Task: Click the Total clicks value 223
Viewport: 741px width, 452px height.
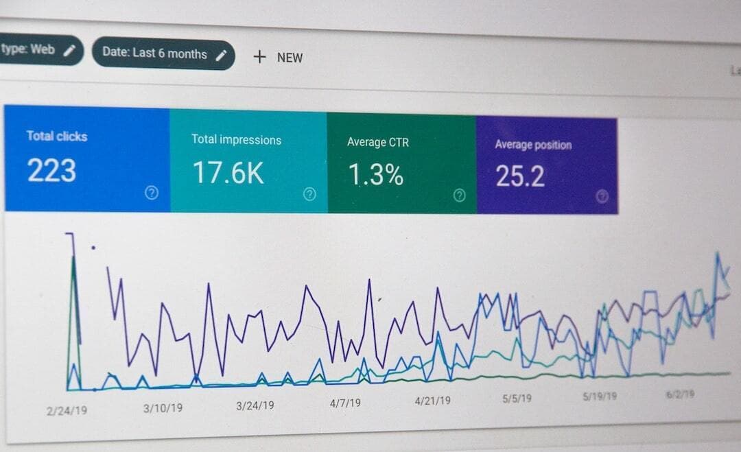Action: click(x=51, y=171)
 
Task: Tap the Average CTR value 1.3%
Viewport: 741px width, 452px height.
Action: click(x=375, y=176)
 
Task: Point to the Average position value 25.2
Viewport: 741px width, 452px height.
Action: click(x=520, y=176)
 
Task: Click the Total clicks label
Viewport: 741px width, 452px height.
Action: click(x=57, y=136)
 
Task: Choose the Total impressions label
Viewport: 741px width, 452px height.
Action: click(x=236, y=140)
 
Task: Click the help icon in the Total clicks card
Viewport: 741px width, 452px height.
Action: click(x=152, y=193)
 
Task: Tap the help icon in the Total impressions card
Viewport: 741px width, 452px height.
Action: click(x=309, y=194)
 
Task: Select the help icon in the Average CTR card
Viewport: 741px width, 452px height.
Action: click(x=460, y=195)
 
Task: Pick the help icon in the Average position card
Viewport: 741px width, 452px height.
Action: click(x=602, y=197)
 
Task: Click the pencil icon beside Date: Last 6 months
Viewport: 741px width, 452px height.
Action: click(x=220, y=55)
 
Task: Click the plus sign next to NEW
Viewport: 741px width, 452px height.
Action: click(x=259, y=57)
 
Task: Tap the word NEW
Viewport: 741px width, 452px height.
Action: click(x=290, y=58)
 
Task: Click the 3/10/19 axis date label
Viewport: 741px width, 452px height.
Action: click(x=163, y=408)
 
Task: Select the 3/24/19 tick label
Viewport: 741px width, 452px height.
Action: click(x=255, y=405)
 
